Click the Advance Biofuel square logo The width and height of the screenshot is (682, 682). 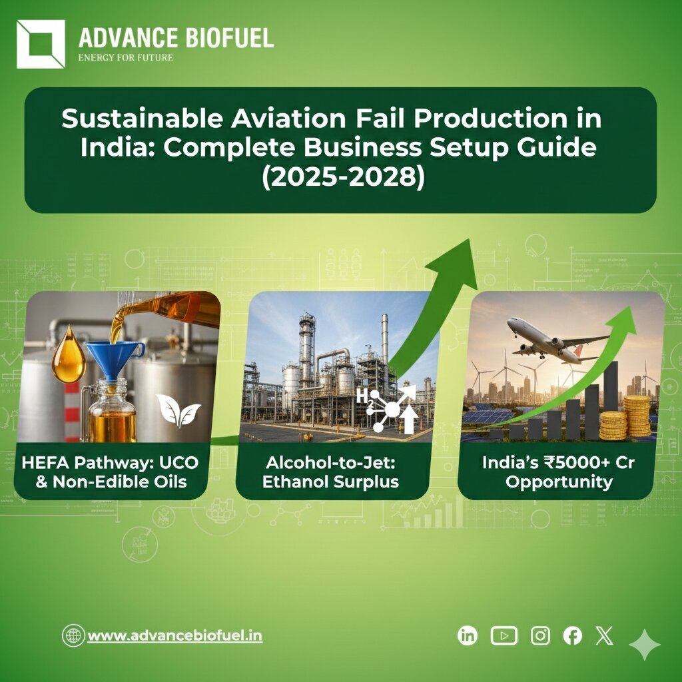pyautogui.click(x=41, y=44)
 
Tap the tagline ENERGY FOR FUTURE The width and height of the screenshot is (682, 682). pyautogui.click(x=125, y=57)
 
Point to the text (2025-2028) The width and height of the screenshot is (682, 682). pyautogui.click(x=340, y=179)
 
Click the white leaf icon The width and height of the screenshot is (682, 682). pyautogui.click(x=178, y=409)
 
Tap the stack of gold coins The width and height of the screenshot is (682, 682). pyautogui.click(x=627, y=418)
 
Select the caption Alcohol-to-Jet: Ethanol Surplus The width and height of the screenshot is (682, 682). pyautogui.click(x=331, y=472)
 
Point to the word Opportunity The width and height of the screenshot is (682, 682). pyautogui.click(x=558, y=482)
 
